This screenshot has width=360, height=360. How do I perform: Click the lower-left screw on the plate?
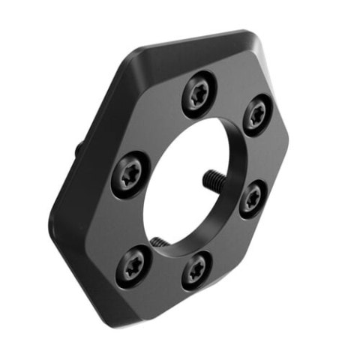click(134, 262)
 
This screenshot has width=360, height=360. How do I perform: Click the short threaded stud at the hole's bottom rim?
click(159, 241)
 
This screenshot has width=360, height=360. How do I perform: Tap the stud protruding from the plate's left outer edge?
click(79, 148)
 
